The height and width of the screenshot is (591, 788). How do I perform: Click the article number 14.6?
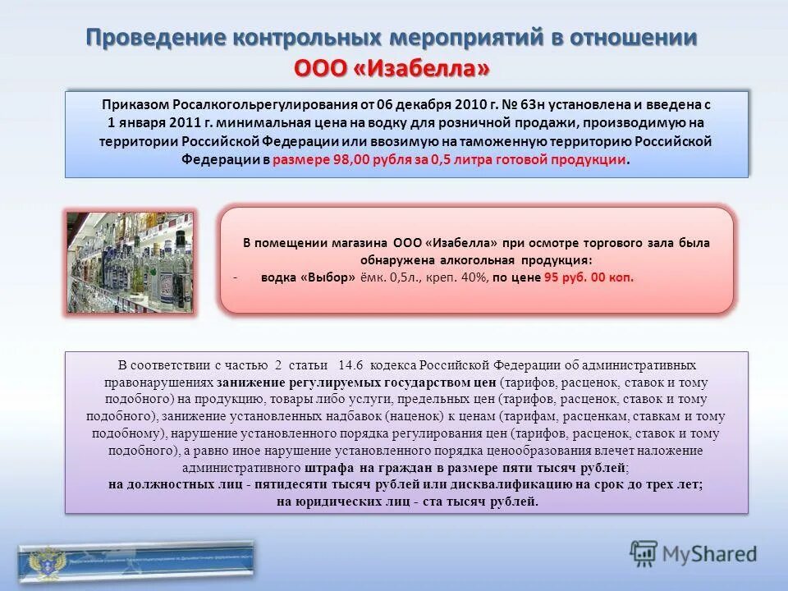click(350, 365)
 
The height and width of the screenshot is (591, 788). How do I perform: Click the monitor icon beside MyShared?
click(644, 552)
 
